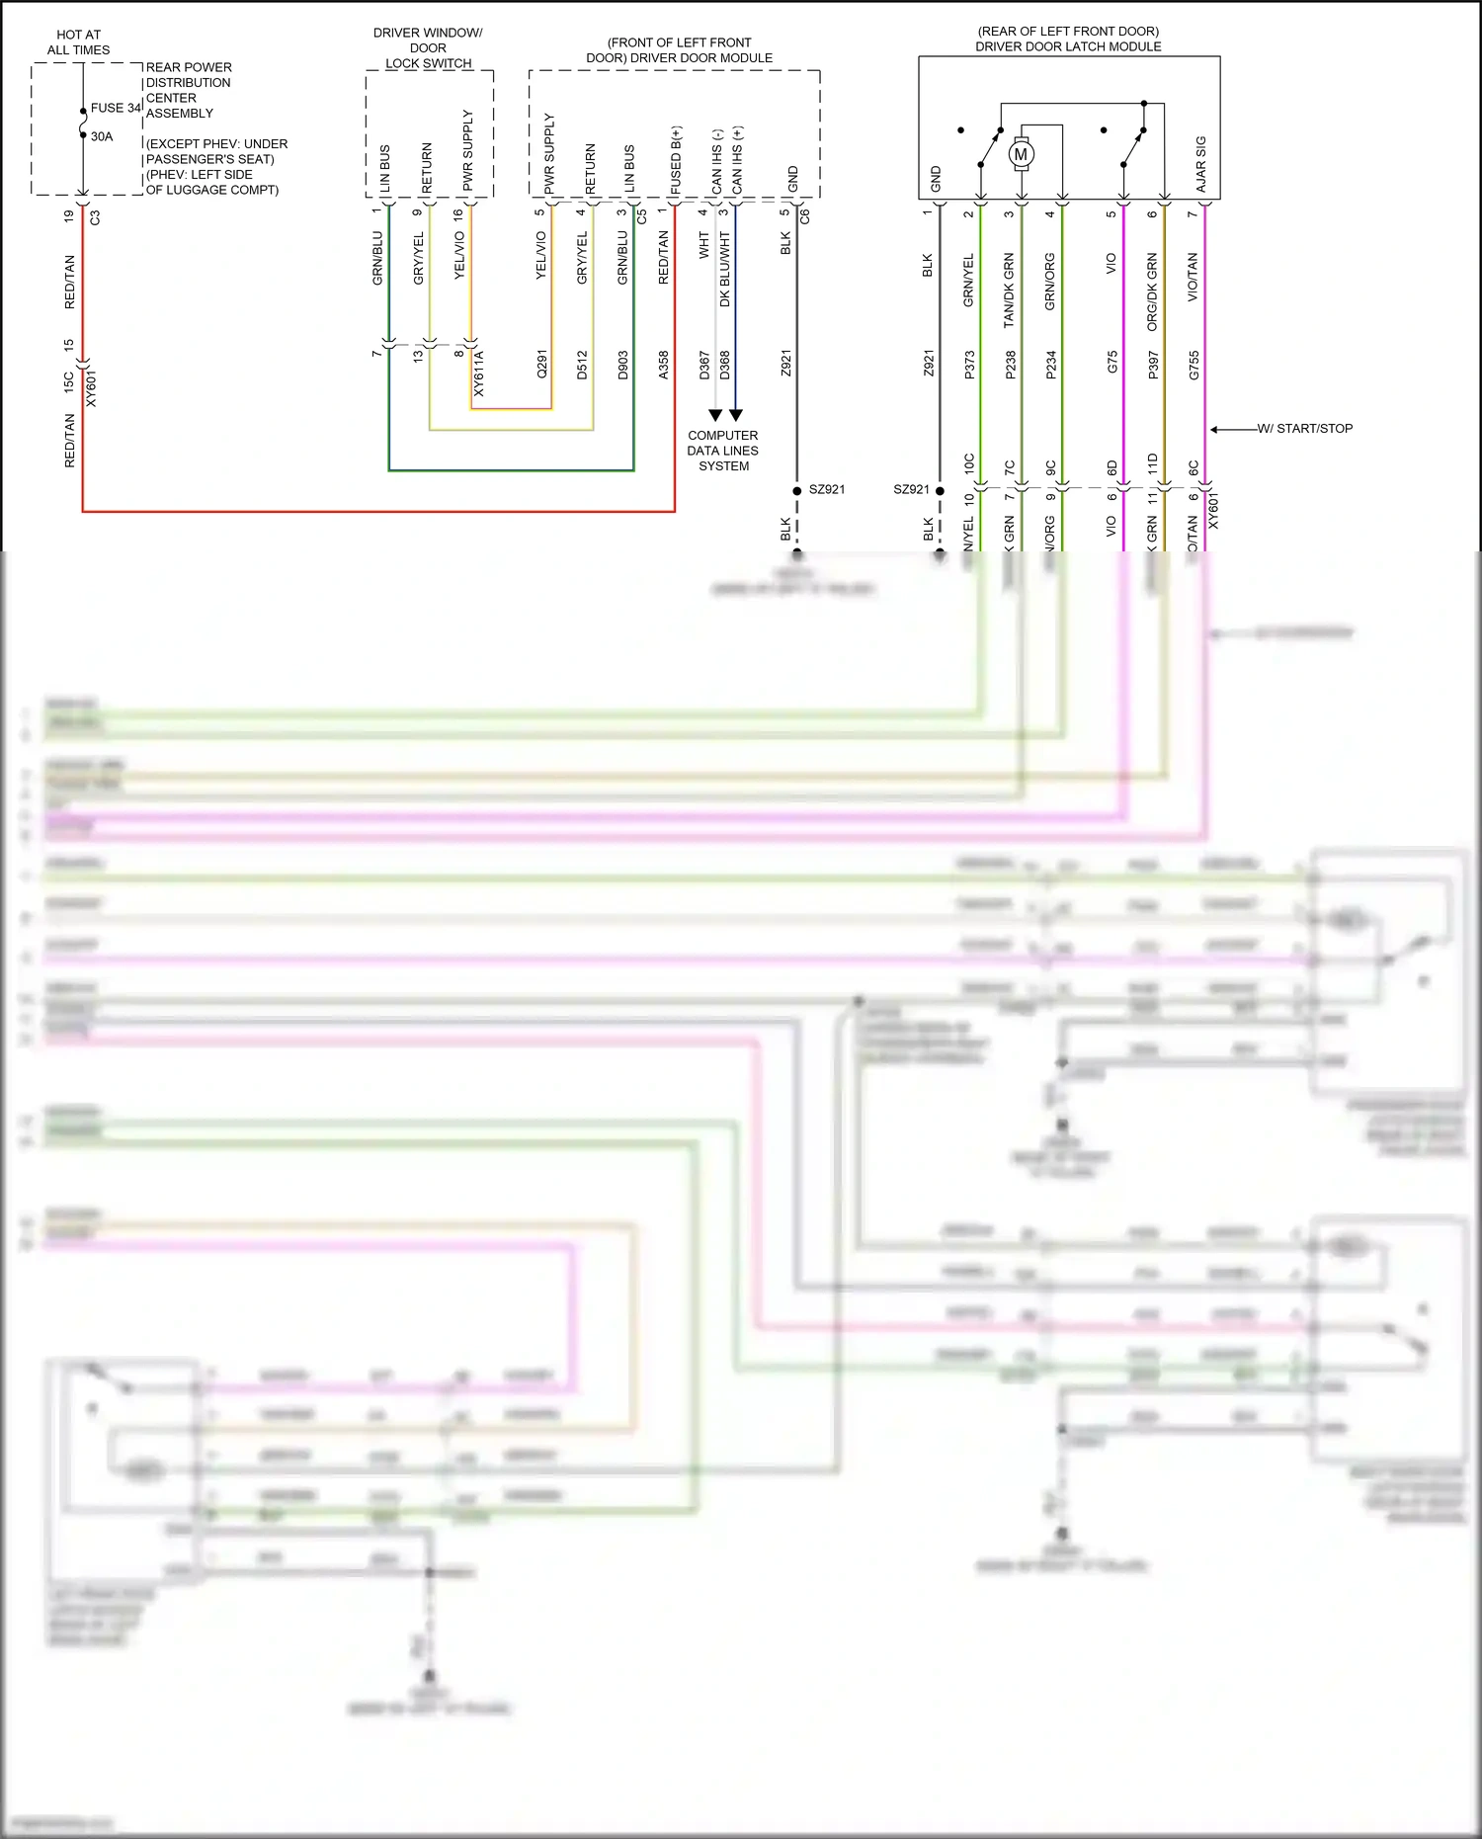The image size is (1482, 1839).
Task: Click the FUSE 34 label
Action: pos(116,108)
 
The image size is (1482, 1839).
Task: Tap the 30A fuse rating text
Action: pos(102,136)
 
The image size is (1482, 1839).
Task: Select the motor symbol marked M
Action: pos(1021,154)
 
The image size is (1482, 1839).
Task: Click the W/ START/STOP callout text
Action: pos(1304,429)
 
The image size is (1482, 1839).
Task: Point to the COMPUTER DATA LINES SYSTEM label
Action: pos(723,451)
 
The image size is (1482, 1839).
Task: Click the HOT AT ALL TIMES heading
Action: pos(79,42)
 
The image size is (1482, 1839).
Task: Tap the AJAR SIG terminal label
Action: pos(1200,164)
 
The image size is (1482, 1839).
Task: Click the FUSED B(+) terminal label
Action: pos(676,160)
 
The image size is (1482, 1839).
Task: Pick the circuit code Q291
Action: pos(541,365)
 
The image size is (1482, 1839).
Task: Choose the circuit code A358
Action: pos(664,365)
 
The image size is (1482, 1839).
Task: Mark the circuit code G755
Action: pos(1194,365)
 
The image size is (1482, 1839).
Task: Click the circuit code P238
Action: pos(1010,365)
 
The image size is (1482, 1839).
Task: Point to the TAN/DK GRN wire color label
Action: pos(1009,291)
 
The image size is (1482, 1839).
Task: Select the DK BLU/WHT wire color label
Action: pos(724,270)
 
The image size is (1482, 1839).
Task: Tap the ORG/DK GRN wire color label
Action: pos(1152,292)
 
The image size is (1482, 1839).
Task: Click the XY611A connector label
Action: pos(479,373)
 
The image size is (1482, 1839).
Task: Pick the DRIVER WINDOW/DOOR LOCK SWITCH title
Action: pos(428,47)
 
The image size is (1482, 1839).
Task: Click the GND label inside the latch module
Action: pos(936,179)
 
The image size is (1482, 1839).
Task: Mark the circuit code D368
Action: pos(724,365)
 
